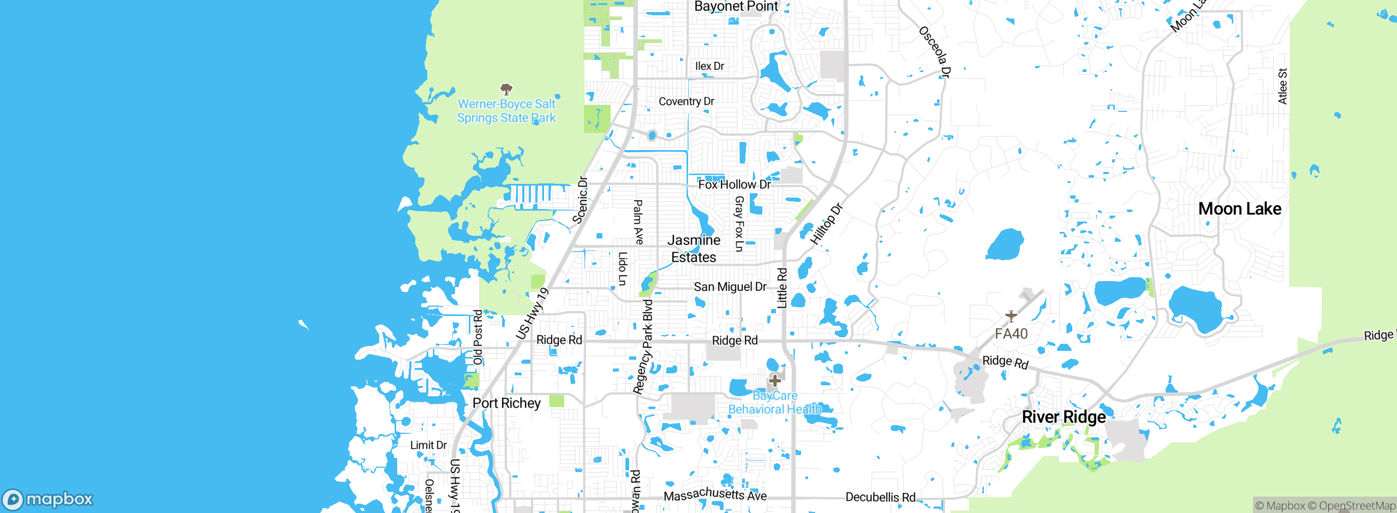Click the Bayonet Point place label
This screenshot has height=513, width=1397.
tap(736, 7)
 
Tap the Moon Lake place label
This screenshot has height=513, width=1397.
tap(1239, 208)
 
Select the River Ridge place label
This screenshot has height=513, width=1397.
tap(1064, 417)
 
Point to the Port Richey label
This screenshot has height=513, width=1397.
tap(506, 403)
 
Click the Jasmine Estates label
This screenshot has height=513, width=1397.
tap(694, 249)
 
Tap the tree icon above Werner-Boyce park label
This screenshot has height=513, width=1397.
tap(506, 89)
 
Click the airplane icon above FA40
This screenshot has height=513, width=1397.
tap(1011, 316)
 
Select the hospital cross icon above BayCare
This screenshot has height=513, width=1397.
tap(775, 380)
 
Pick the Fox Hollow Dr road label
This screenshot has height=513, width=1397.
tap(735, 184)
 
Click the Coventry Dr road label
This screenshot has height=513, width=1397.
tap(686, 102)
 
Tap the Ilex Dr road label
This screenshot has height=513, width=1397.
tap(709, 66)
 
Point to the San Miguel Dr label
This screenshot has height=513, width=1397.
tap(730, 287)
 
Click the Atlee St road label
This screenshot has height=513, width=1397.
tap(1282, 86)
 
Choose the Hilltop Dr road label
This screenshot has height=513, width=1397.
tap(826, 224)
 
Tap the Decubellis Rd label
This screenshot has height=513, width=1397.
tap(880, 497)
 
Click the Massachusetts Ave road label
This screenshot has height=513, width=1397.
tap(715, 494)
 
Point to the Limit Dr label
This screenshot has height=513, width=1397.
tap(428, 445)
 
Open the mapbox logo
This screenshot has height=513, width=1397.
tap(48, 499)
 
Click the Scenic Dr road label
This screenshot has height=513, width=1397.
tap(580, 200)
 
